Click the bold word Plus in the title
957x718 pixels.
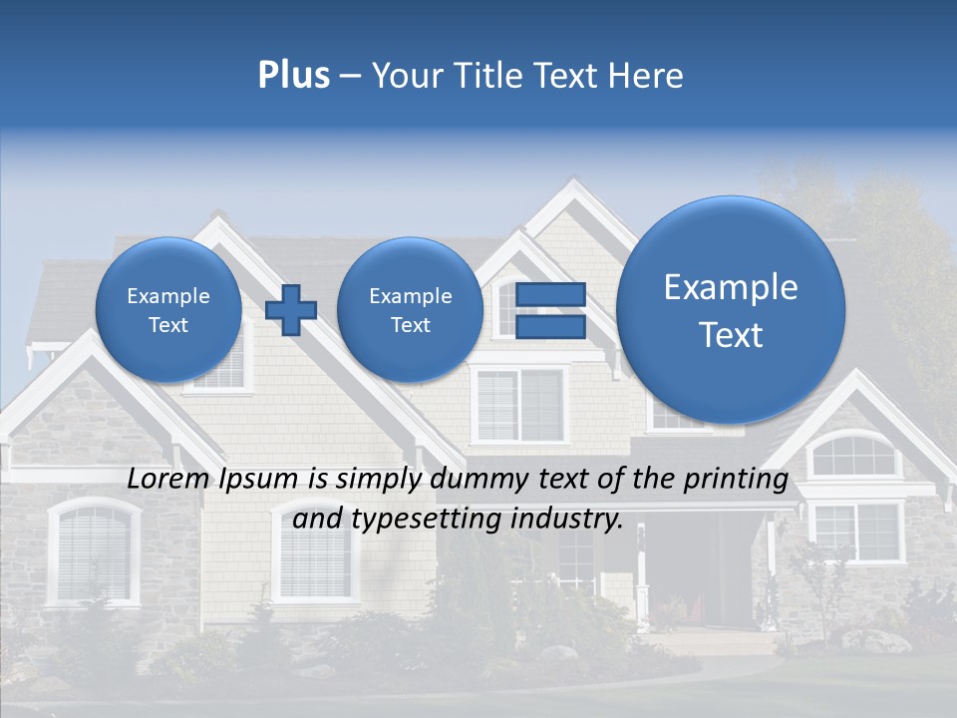point(293,76)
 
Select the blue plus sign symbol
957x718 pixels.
point(290,310)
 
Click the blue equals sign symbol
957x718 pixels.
point(550,310)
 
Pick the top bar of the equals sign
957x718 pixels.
point(550,295)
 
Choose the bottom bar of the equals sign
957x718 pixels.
point(550,326)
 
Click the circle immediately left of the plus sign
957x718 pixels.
point(168,310)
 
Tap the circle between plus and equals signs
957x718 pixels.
point(410,310)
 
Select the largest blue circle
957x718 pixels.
point(731,310)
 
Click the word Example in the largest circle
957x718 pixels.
point(731,287)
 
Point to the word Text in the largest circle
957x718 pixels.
point(731,335)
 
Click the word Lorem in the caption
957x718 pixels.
point(163,479)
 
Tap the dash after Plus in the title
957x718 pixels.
point(350,77)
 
